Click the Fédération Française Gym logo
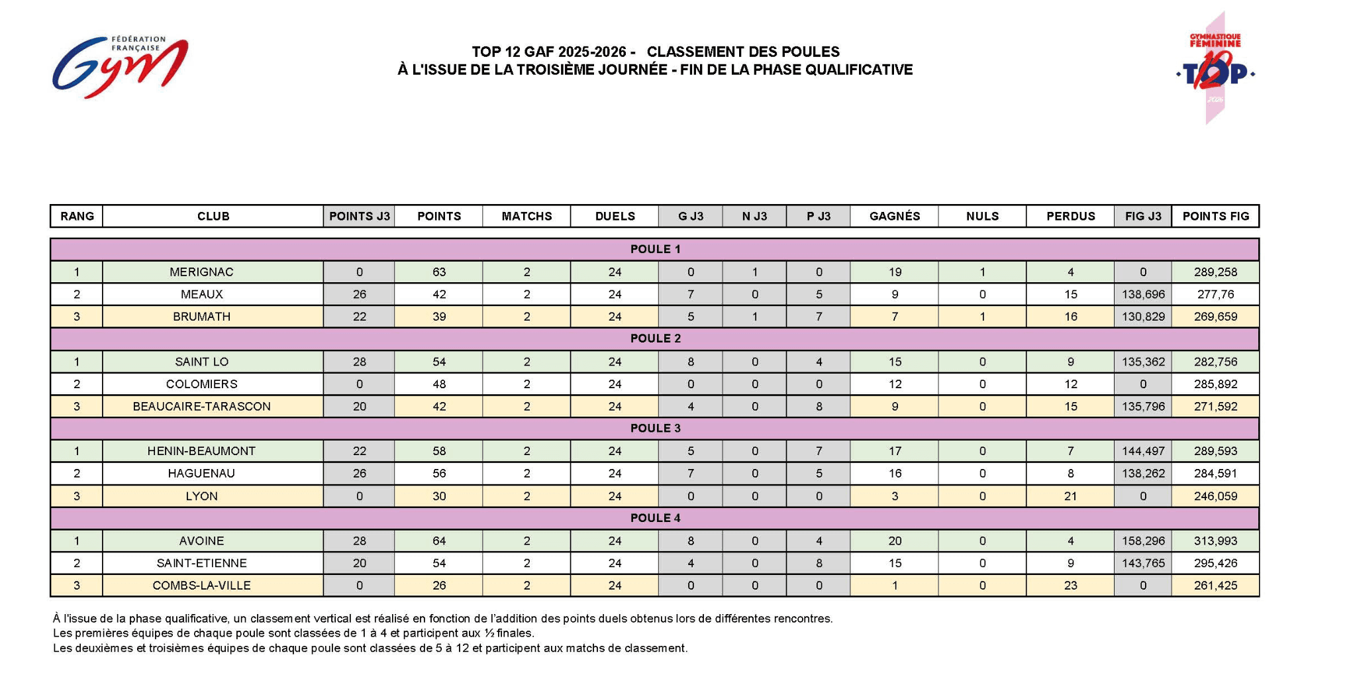[x=120, y=66]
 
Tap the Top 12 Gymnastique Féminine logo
[x=1216, y=69]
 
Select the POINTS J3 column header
[x=359, y=217]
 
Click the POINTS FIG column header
[x=1215, y=217]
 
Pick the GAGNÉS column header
[x=894, y=217]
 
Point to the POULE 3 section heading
[x=655, y=429]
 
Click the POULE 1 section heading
[x=655, y=250]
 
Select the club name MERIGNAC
[x=201, y=272]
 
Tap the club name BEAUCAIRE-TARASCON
[x=201, y=407]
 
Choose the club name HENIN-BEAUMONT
[x=201, y=451]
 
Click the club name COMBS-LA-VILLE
[x=201, y=586]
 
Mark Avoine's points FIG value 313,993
[x=1215, y=541]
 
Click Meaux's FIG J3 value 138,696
[x=1143, y=295]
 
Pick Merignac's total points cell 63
[x=438, y=272]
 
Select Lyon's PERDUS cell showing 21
[x=1070, y=496]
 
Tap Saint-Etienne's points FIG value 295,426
[x=1215, y=564]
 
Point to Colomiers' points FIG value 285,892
[x=1215, y=384]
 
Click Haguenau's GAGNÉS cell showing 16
[x=894, y=474]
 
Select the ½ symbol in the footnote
[x=491, y=633]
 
